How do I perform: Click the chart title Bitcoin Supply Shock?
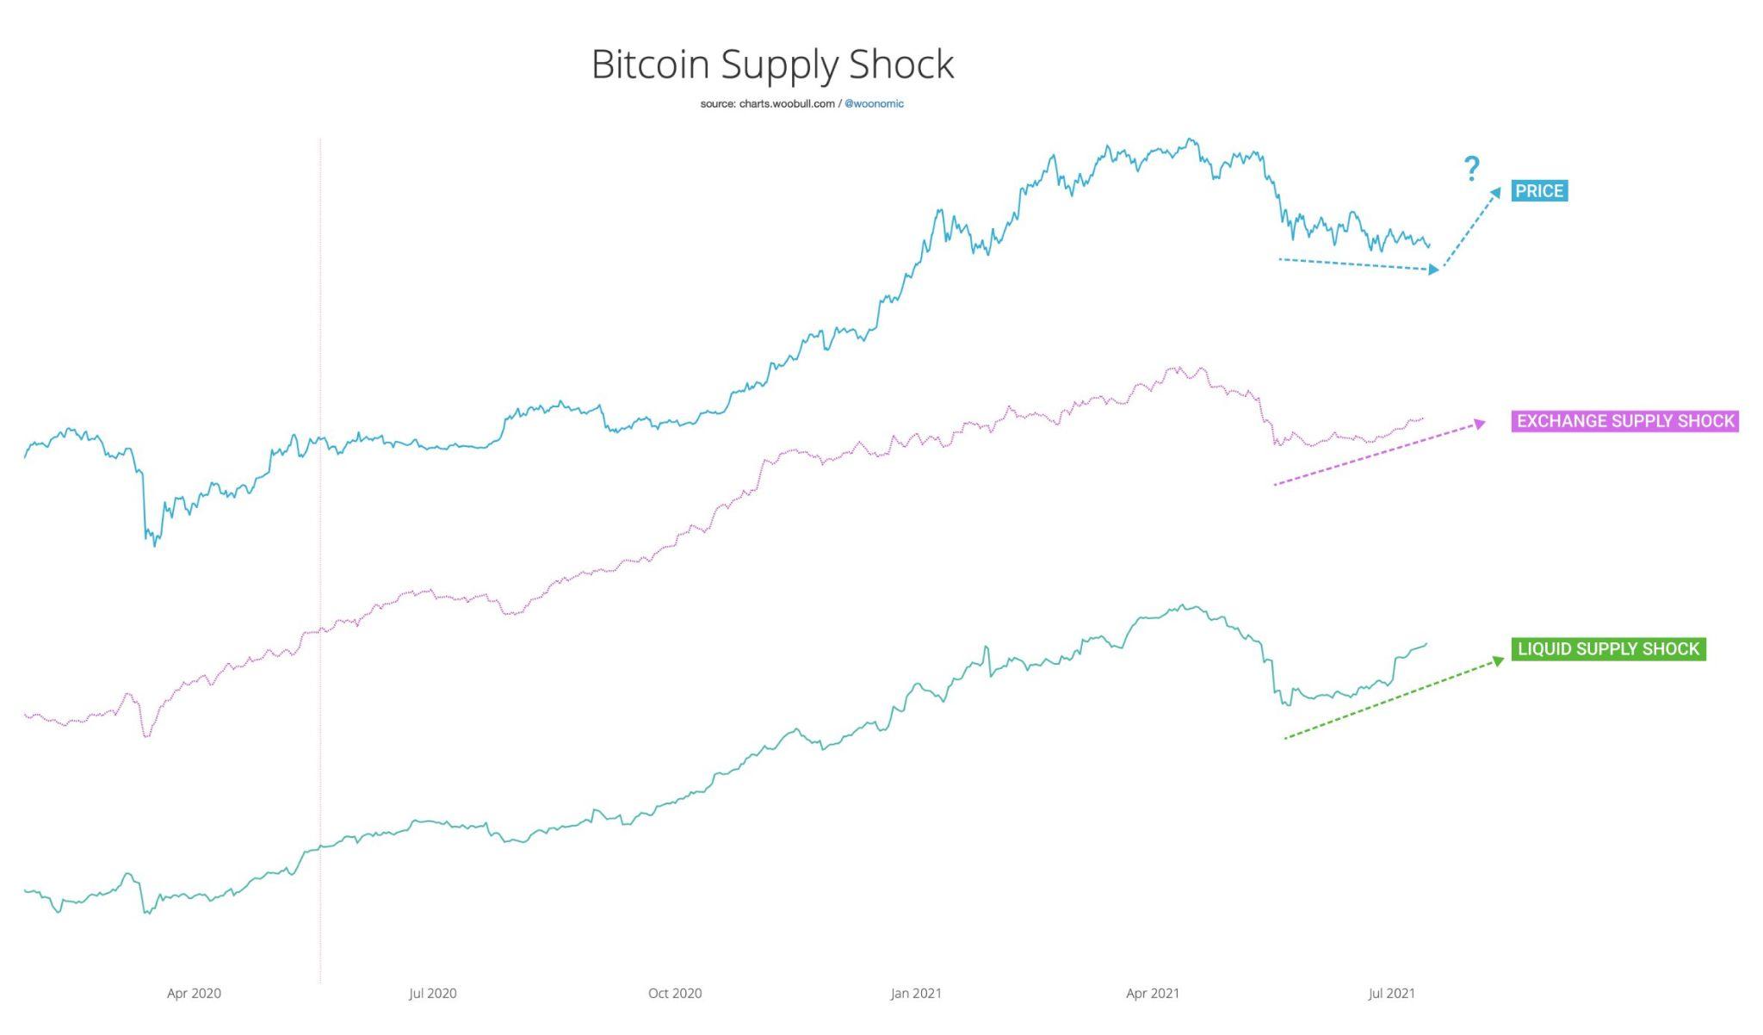[772, 65]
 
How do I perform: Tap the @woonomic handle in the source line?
[874, 104]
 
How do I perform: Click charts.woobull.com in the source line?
[787, 104]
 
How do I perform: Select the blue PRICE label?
[1538, 191]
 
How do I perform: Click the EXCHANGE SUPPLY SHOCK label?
[1624, 421]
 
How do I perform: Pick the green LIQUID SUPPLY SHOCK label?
[1608, 649]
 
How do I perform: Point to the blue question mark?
[1472, 169]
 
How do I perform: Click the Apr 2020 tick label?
[194, 994]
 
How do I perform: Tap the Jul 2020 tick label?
[432, 994]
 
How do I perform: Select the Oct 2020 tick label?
[675, 994]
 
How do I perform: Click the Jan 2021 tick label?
[916, 994]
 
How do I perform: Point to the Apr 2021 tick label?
[1153, 994]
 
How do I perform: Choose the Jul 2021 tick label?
[1391, 994]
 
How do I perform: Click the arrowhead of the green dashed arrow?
[1498, 661]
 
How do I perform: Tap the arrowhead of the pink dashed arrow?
[1480, 423]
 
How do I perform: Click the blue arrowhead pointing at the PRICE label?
[1495, 194]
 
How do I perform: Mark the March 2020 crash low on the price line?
[155, 545]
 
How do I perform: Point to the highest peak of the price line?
[1190, 139]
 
